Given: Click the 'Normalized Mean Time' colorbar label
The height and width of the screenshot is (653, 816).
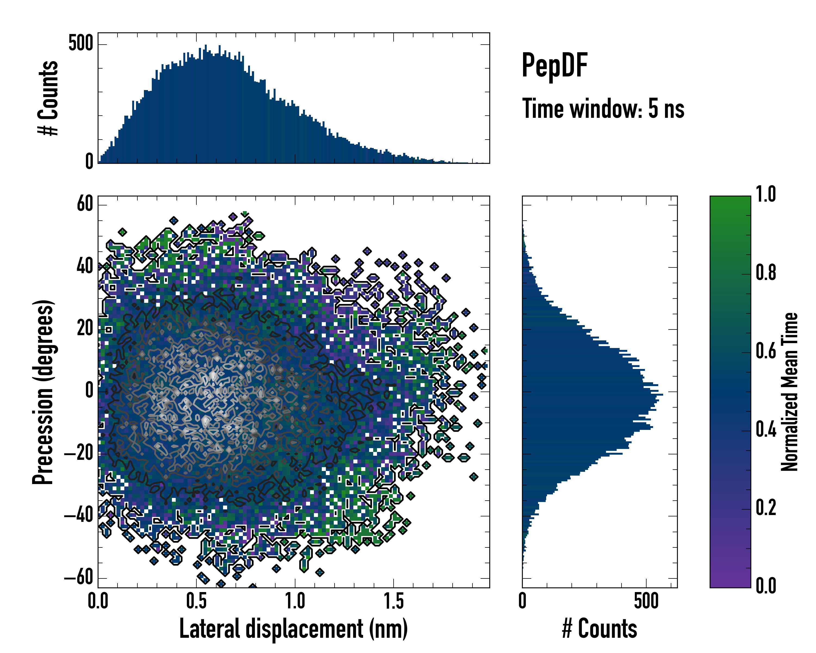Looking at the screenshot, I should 790,392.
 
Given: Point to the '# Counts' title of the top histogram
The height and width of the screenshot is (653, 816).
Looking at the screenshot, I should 48,98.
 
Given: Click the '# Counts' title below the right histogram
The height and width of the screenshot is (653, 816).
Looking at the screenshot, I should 599,629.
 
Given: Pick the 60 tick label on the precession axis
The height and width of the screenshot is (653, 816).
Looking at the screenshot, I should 85,204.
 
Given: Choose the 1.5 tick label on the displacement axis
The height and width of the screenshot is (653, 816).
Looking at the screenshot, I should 394,601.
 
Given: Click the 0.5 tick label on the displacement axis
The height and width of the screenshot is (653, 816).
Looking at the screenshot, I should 196,601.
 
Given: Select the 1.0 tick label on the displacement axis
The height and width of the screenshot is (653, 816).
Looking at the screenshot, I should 295,601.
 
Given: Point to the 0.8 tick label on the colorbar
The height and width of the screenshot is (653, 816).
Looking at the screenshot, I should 766,273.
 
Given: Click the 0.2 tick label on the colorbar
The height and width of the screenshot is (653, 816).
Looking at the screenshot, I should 766,508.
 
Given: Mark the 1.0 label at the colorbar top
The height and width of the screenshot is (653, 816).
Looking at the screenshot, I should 766,194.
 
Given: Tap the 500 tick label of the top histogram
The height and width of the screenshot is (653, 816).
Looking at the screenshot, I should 81,44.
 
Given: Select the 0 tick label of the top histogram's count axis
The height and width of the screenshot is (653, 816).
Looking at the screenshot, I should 89,162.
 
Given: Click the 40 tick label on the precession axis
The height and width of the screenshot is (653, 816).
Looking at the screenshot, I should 85,266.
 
